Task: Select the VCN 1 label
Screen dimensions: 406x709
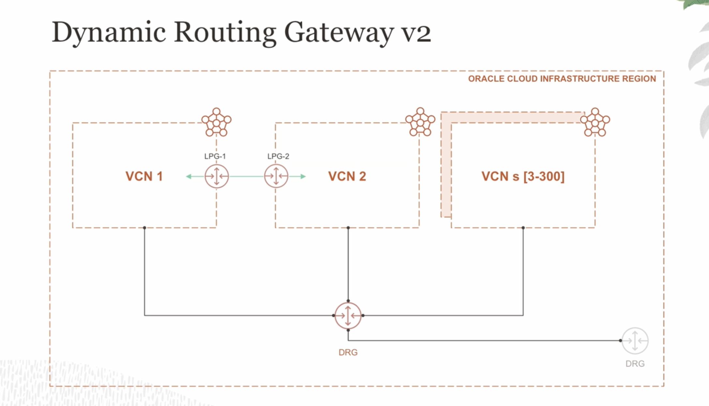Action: pos(144,176)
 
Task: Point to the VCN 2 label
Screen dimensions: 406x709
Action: pos(347,176)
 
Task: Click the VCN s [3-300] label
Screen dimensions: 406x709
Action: pos(523,176)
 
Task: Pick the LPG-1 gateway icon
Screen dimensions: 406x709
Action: pos(217,176)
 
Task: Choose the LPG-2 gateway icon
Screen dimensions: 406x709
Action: pos(276,176)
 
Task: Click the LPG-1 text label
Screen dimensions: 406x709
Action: pos(215,156)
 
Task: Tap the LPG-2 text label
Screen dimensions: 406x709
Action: pos(278,156)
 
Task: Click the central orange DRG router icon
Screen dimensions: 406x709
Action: pos(348,315)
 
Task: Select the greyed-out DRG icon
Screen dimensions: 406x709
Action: pos(635,341)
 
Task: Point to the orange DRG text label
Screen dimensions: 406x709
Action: pos(348,352)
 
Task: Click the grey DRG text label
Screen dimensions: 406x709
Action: pos(635,364)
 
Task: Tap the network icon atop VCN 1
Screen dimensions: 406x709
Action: pos(216,123)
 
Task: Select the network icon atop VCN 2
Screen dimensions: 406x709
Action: pos(420,122)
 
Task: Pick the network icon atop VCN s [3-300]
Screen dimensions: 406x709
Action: pos(595,123)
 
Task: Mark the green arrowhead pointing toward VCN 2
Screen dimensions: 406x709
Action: pos(303,176)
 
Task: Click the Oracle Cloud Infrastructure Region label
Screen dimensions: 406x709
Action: pos(562,79)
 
